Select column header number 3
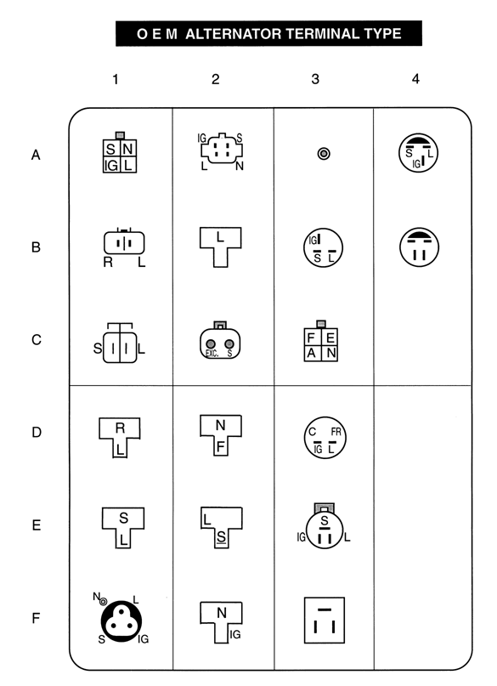tap(315, 79)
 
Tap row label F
tap(37, 618)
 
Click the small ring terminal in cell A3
tap(324, 154)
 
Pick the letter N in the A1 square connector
tap(127, 150)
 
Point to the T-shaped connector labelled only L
tap(220, 247)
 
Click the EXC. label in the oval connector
tap(212, 354)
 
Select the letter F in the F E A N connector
tap(311, 337)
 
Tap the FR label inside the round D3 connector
tap(336, 432)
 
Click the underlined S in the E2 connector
tap(221, 537)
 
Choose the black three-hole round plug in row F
tap(121, 621)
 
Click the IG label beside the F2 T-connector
tap(235, 634)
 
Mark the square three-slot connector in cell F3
tap(325, 620)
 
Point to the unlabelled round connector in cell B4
tap(419, 247)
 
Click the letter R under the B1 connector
tap(108, 262)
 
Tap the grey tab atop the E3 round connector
tap(324, 508)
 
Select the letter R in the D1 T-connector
tap(120, 428)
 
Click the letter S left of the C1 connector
tap(98, 349)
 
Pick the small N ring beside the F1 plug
tap(103, 602)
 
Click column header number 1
tap(116, 79)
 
